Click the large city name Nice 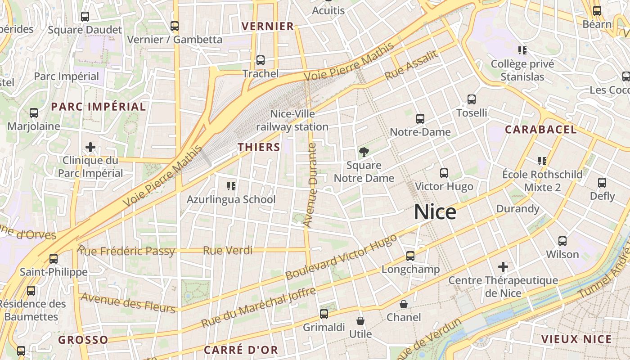[435, 212]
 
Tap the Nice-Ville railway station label [292, 121]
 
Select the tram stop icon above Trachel [260, 60]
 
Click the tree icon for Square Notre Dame [364, 152]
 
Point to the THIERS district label [259, 147]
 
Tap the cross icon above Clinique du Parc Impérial [90, 147]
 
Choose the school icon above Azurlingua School [231, 186]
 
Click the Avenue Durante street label [310, 184]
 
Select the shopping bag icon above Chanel [404, 304]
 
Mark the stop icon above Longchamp [410, 256]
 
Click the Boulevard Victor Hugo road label [341, 256]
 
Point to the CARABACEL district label [540, 130]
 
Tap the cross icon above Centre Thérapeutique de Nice [503, 267]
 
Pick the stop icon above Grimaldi [324, 314]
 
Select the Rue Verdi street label [228, 251]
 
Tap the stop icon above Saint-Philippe [54, 259]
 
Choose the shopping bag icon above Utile [360, 321]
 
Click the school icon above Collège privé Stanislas [522, 50]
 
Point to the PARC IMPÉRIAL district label [99, 107]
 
